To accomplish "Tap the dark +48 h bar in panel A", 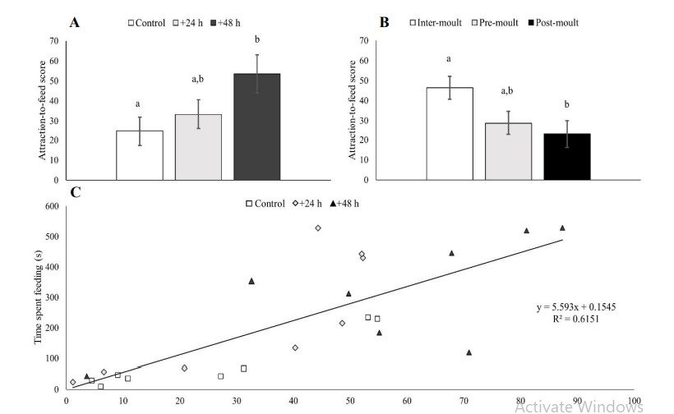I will pyautogui.click(x=257, y=126).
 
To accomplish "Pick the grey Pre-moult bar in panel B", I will pyautogui.click(x=508, y=151).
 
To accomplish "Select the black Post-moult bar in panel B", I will pyautogui.click(x=566, y=156).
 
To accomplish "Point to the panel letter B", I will pyautogui.click(x=384, y=22).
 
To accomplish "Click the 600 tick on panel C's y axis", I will pyautogui.click(x=50, y=206).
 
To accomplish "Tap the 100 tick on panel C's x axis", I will pyautogui.click(x=634, y=402).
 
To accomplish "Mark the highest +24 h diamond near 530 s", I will pyautogui.click(x=317, y=228).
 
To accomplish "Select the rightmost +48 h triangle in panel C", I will pyautogui.click(x=562, y=228).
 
